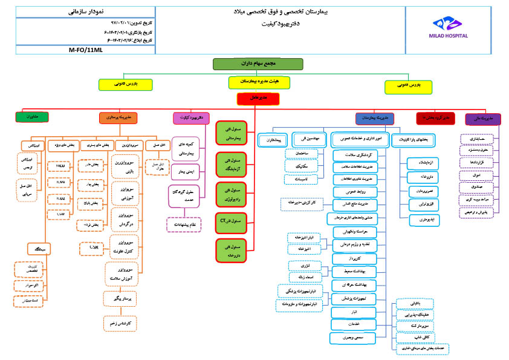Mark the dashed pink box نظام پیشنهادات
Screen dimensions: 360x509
184,224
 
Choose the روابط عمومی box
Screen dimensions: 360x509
354,192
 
